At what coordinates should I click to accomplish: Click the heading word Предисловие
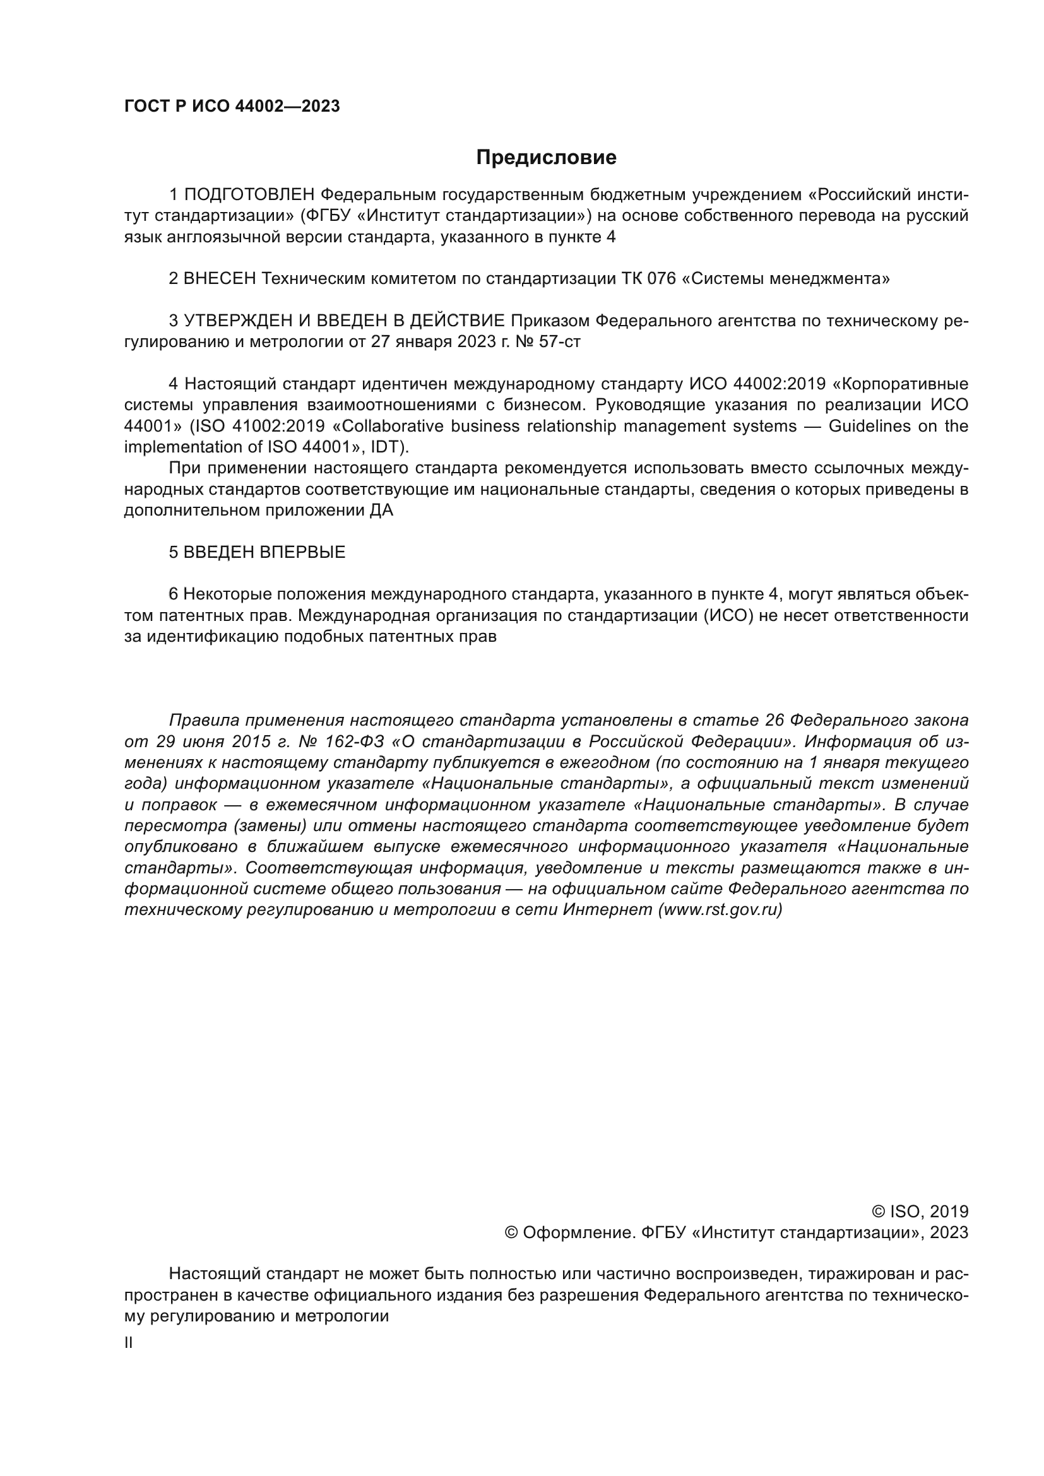(x=546, y=158)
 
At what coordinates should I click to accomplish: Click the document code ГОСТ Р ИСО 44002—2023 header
(x=232, y=106)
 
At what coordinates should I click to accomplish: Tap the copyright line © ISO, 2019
(x=920, y=1212)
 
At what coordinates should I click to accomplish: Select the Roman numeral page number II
(x=129, y=1343)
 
